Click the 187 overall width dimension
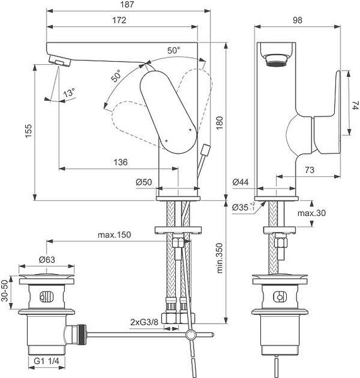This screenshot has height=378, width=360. pyautogui.click(x=127, y=4)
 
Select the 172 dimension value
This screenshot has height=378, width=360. pyautogui.click(x=119, y=20)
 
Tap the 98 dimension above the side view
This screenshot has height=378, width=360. pyautogui.click(x=297, y=20)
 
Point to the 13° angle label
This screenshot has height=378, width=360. pyautogui.click(x=69, y=93)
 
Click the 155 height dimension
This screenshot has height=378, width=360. pyautogui.click(x=28, y=131)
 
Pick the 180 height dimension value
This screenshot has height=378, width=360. pyautogui.click(x=219, y=123)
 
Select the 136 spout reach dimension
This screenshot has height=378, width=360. pyautogui.click(x=120, y=162)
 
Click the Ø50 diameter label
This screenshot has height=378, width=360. pyautogui.click(x=144, y=182)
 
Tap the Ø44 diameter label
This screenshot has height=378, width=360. pyautogui.click(x=240, y=182)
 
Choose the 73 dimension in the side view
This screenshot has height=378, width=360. pyautogui.click(x=310, y=170)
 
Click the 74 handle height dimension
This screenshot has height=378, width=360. pyautogui.click(x=356, y=105)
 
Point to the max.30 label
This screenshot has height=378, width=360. pyautogui.click(x=311, y=213)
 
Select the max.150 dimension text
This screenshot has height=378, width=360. pyautogui.click(x=114, y=234)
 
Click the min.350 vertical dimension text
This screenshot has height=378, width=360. pyautogui.click(x=219, y=258)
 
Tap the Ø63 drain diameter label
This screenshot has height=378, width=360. pyautogui.click(x=47, y=260)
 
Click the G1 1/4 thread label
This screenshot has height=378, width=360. pyautogui.click(x=46, y=361)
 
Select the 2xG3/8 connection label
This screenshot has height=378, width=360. pyautogui.click(x=144, y=322)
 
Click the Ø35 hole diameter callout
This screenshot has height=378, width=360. pyautogui.click(x=243, y=207)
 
